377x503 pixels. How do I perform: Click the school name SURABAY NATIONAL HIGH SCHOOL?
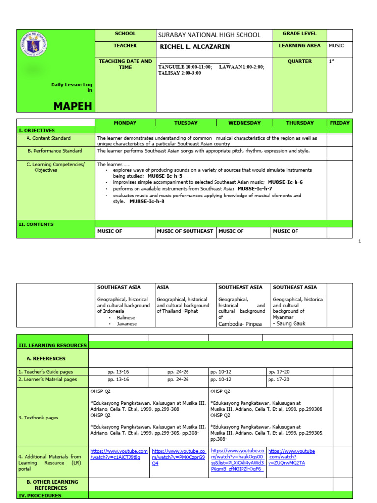click(209, 35)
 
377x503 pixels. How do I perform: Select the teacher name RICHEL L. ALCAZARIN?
click(195, 47)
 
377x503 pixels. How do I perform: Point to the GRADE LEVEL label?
click(299, 34)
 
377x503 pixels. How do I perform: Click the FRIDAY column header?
click(340, 123)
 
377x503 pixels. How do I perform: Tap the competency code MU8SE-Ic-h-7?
click(255, 189)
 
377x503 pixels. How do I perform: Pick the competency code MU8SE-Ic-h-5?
click(164, 176)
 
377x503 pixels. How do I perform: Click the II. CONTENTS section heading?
click(36, 224)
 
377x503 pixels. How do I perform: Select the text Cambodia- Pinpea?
click(240, 324)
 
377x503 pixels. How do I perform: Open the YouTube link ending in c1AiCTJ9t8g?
click(118, 454)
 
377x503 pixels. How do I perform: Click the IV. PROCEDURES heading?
click(40, 496)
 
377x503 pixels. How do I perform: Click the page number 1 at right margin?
click(360, 241)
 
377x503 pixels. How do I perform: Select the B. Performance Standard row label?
click(54, 151)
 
